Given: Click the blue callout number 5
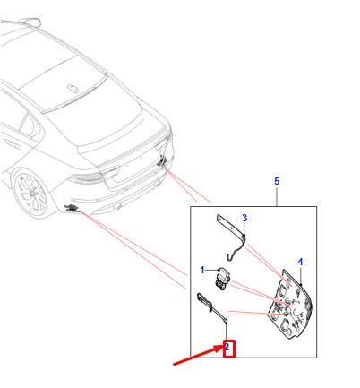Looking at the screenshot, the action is (277, 181).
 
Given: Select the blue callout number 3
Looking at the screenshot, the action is (244, 218).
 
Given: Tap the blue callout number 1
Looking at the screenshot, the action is (202, 270).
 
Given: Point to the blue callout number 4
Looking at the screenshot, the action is (300, 262).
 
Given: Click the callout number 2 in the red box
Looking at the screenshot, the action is (227, 347).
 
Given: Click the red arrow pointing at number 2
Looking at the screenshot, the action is (198, 355).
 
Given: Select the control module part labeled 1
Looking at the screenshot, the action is (223, 278).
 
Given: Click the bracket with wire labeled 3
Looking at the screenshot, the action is (236, 236).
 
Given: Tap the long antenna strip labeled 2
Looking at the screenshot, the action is (211, 306).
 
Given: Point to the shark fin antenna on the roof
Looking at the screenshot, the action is (30, 22).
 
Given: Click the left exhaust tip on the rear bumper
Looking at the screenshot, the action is (118, 206).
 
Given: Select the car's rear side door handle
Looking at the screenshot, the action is (13, 144).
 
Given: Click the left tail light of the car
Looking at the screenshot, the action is (87, 178).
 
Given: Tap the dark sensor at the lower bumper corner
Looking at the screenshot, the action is (72, 208).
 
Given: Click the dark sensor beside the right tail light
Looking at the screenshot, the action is (163, 162).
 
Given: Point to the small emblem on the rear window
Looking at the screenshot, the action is (73, 88).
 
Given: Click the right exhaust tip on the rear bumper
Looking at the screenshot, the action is (157, 185).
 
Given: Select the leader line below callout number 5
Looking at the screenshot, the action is (277, 196).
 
